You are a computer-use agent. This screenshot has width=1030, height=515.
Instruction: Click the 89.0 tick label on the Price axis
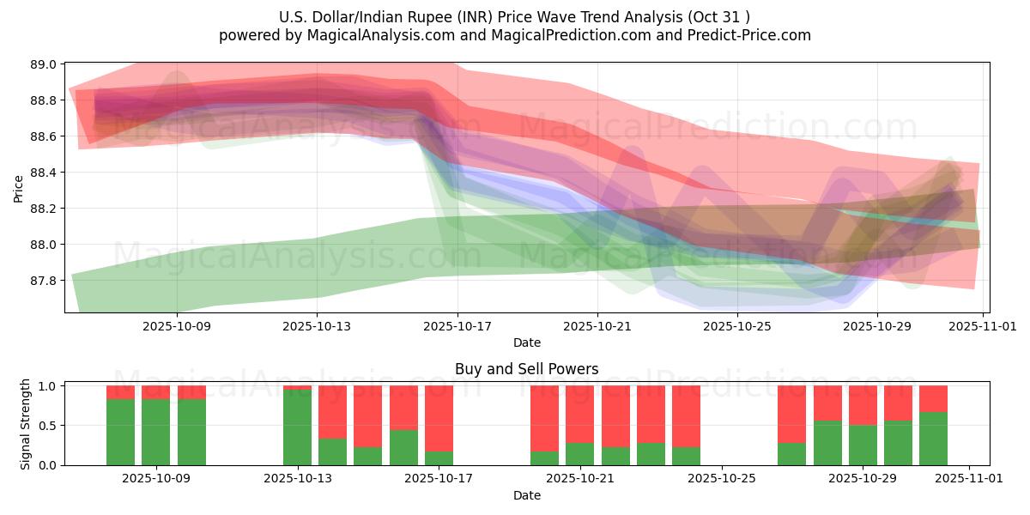(45, 64)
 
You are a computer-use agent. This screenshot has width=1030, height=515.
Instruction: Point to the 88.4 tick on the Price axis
(45, 173)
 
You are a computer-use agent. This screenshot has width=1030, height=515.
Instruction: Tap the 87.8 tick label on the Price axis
(45, 281)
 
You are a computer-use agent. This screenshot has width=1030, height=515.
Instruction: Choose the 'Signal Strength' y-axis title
(26, 424)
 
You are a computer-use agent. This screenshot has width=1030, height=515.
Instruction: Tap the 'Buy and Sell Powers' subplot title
(526, 370)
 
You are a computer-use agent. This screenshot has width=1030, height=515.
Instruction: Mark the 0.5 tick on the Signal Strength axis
(48, 426)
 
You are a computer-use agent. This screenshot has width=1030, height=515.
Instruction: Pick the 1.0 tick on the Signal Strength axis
(48, 386)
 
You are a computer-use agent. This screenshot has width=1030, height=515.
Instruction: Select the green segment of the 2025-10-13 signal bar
(298, 427)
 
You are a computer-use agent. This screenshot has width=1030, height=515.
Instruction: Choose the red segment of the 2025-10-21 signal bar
(580, 414)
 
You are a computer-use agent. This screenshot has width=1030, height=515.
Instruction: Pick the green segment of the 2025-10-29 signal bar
(863, 445)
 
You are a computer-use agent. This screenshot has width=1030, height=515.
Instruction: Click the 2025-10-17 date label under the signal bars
(439, 479)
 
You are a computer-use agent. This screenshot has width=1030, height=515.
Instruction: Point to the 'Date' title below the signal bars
(526, 495)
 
